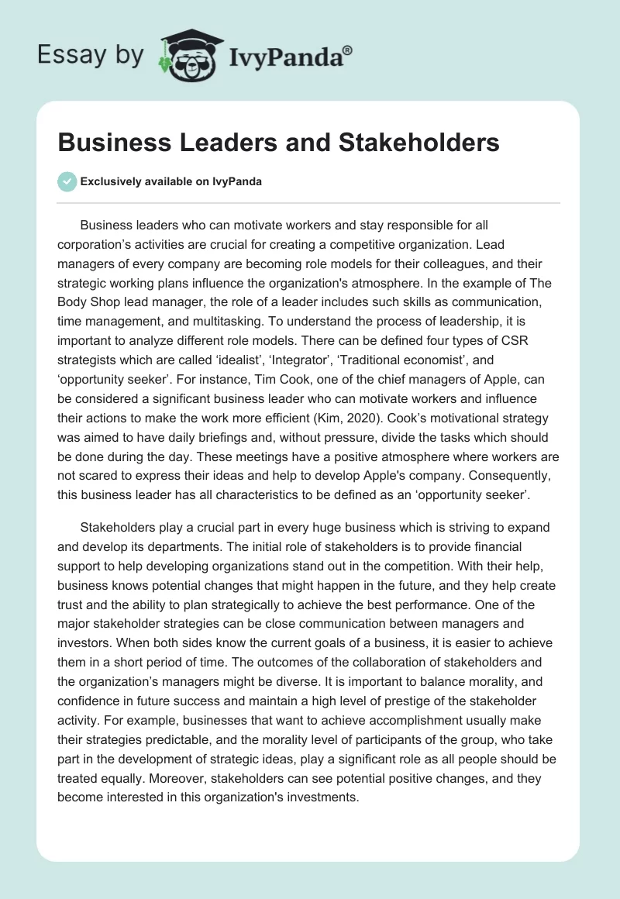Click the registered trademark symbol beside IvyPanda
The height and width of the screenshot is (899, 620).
(x=347, y=50)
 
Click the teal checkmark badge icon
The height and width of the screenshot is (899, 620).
(x=67, y=182)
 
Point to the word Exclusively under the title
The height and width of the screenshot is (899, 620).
(x=110, y=182)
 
